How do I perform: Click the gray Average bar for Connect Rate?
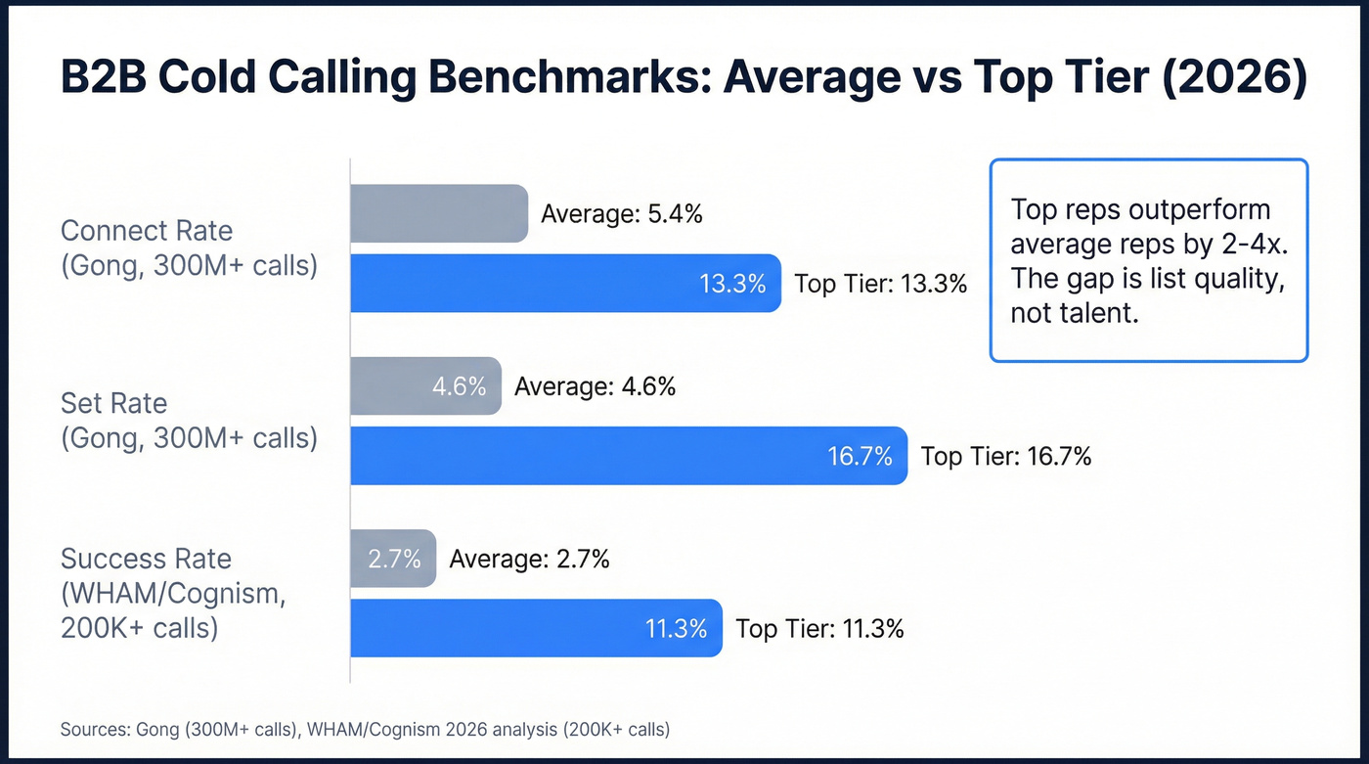pos(439,213)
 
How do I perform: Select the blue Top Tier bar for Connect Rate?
pos(565,284)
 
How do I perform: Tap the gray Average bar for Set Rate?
pos(425,386)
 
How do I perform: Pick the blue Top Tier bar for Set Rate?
pos(628,456)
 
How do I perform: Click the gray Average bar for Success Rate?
pos(393,559)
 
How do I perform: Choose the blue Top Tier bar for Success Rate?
pos(536,628)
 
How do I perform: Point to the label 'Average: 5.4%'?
pos(622,214)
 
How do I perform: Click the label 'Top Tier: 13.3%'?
pos(880,284)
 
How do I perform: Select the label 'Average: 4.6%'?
pos(595,386)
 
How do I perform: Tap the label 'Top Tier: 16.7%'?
pos(1006,456)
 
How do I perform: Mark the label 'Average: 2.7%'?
pos(529,559)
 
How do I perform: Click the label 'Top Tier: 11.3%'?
pos(819,628)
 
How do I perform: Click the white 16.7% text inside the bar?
pos(861,456)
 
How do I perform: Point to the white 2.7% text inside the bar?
pos(394,559)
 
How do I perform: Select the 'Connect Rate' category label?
pos(147,231)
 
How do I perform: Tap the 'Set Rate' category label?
pos(113,403)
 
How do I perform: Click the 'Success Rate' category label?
pos(146,559)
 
